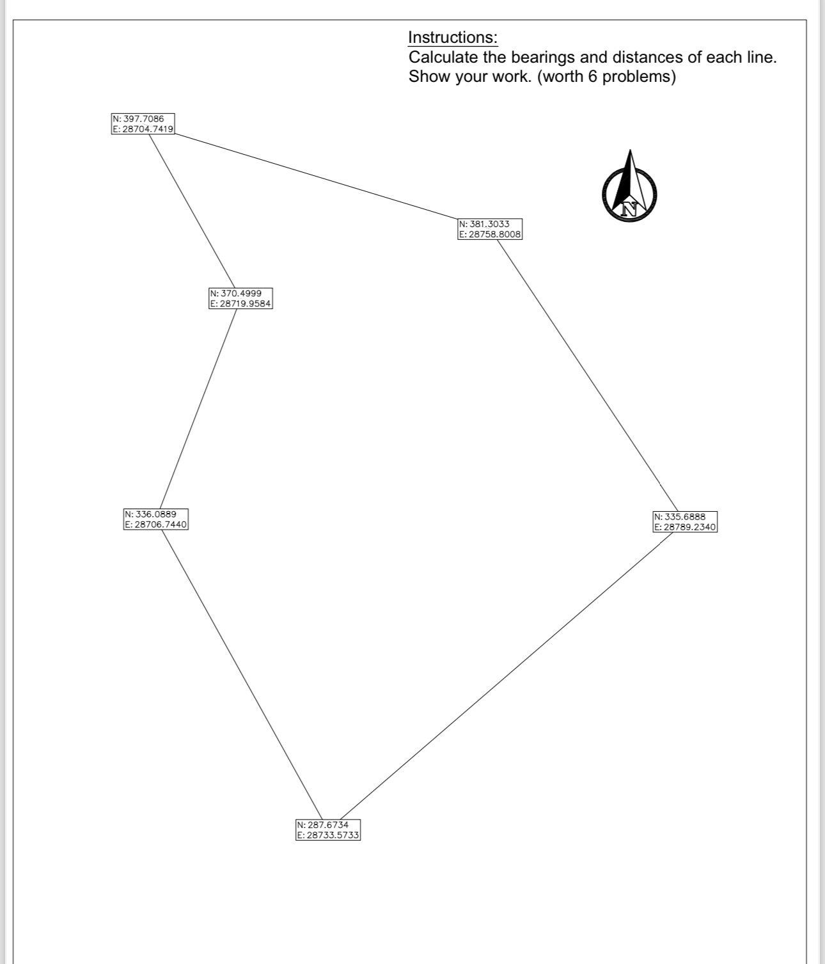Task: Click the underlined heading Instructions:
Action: tap(453, 37)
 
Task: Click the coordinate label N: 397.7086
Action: tap(138, 119)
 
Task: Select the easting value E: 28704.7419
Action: tap(143, 129)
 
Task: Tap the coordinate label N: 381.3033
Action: tap(484, 224)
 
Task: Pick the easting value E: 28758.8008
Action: tap(491, 234)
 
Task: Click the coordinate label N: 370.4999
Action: tap(235, 293)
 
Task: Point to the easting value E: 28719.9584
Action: tap(241, 304)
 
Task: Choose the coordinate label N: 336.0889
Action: tap(150, 514)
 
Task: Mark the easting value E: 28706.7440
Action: tap(155, 525)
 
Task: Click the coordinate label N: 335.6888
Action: tap(680, 516)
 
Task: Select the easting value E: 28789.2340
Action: tap(685, 527)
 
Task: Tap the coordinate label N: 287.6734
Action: tap(323, 825)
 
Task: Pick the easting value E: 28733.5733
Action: tap(329, 835)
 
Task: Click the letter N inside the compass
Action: tap(631, 207)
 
